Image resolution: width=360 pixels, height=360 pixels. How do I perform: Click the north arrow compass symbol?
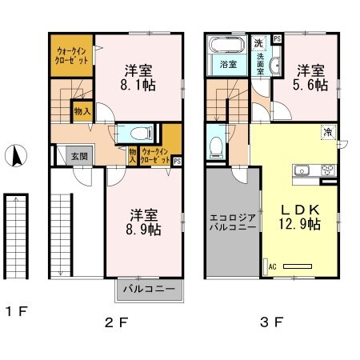pyautogui.click(x=15, y=156)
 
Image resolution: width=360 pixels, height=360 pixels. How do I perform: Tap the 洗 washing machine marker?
pyautogui.click(x=260, y=42)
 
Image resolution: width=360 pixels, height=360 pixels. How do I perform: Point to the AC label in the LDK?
pyautogui.click(x=272, y=266)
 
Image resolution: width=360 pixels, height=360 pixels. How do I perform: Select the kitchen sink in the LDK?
pyautogui.click(x=305, y=170)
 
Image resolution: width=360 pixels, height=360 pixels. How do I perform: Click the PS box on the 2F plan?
pyautogui.click(x=177, y=160)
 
